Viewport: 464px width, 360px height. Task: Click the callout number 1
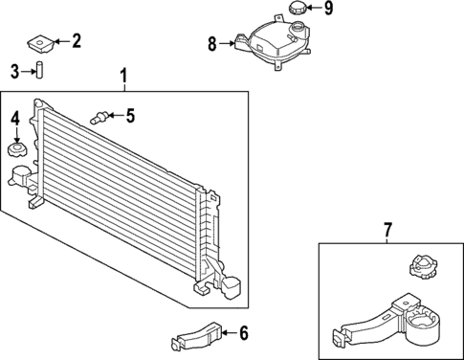click(122, 75)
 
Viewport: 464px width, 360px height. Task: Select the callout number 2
click(77, 40)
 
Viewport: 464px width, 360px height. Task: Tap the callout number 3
click(14, 70)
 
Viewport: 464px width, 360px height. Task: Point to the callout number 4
click(14, 119)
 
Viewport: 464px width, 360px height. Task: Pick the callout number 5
click(130, 117)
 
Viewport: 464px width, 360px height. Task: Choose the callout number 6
click(243, 333)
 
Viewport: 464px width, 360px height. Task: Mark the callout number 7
click(387, 231)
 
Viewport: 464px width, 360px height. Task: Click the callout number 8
click(212, 43)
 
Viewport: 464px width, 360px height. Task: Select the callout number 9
click(327, 10)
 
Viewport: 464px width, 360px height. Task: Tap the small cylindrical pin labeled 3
click(40, 71)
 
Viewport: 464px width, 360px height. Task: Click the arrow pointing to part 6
click(228, 333)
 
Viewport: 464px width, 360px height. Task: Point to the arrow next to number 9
click(314, 10)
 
